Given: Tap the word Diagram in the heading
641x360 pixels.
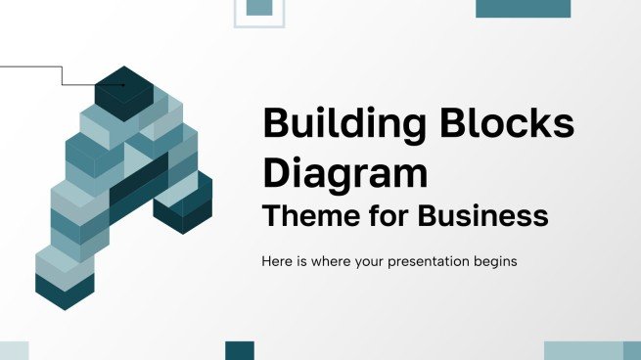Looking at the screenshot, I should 345,172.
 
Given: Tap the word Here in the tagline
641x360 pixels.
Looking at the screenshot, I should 278,261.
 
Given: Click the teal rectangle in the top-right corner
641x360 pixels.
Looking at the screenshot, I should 523,8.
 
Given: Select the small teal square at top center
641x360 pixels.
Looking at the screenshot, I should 258,7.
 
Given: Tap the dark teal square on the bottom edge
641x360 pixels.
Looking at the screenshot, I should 240,350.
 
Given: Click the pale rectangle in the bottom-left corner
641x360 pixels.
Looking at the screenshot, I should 14,350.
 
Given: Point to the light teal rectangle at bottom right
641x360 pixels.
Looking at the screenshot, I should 583,350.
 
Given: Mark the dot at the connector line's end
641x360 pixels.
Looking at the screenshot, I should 122,85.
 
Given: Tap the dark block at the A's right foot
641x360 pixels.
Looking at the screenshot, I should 183,210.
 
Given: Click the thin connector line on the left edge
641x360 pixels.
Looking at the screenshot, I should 29,67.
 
